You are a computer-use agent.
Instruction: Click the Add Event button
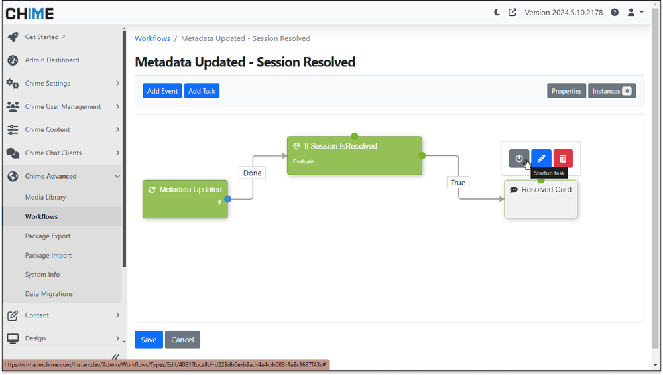tap(162, 91)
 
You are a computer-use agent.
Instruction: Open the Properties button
tap(566, 91)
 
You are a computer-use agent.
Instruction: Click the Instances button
tap(611, 91)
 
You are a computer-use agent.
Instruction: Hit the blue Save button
tap(149, 340)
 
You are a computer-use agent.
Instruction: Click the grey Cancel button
tap(182, 340)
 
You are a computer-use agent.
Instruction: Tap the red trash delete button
tap(563, 159)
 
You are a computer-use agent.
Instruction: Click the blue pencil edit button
tap(541, 159)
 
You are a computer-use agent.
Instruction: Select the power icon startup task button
tap(519, 159)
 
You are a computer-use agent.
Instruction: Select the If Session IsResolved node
tap(354, 155)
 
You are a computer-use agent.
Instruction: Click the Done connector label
tap(252, 173)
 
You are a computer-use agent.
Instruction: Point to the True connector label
tap(458, 183)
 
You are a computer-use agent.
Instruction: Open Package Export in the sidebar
tap(48, 236)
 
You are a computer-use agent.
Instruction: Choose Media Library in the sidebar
tap(46, 197)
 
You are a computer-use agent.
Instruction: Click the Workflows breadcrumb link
tap(152, 38)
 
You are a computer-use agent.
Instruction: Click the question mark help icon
tap(615, 13)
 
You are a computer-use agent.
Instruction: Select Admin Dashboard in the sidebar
tap(52, 60)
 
